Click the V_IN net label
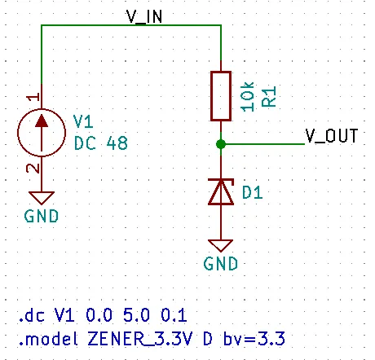click(144, 16)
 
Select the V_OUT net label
click(332, 136)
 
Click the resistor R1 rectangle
click(221, 96)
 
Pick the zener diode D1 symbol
click(221, 191)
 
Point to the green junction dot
click(221, 144)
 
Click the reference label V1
click(83, 121)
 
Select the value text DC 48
click(101, 143)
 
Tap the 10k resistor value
click(248, 97)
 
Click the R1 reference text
click(269, 97)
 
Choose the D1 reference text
click(253, 192)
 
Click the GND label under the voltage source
click(42, 216)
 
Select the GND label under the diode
click(221, 264)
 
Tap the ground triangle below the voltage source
click(42, 197)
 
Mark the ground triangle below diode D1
click(221, 245)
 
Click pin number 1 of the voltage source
click(33, 97)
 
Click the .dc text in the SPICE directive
click(32, 315)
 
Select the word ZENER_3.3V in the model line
click(140, 339)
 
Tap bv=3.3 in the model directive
click(254, 339)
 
